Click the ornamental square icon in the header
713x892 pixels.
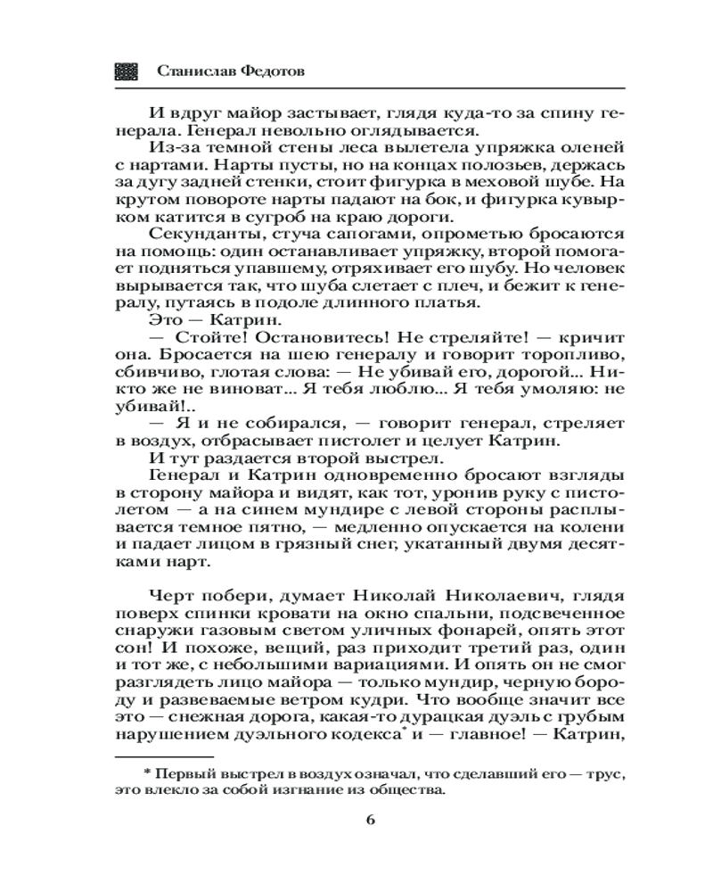pos(127,72)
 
